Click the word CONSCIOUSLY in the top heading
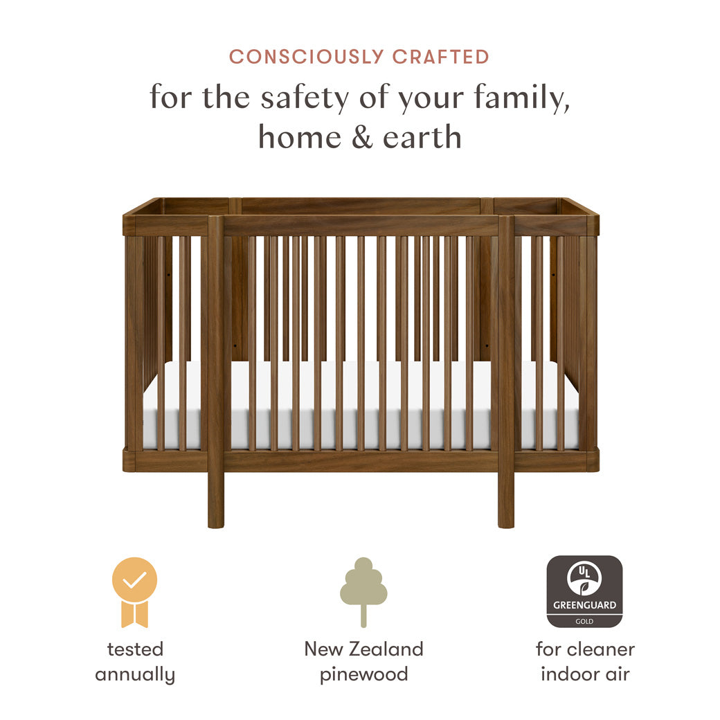pyautogui.click(x=307, y=57)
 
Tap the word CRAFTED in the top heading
pyautogui.click(x=441, y=57)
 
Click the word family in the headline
pyautogui.click(x=523, y=98)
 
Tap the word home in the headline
pyautogui.click(x=300, y=137)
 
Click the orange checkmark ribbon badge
pyautogui.click(x=135, y=591)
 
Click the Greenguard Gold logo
pyautogui.click(x=584, y=591)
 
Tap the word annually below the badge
pyautogui.click(x=135, y=674)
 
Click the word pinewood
pyautogui.click(x=363, y=674)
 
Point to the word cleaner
pyautogui.click(x=601, y=649)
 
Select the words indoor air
pyautogui.click(x=585, y=674)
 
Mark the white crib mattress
pyautogui.click(x=360, y=408)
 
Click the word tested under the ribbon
pyautogui.click(x=135, y=649)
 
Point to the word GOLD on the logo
pyautogui.click(x=584, y=622)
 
